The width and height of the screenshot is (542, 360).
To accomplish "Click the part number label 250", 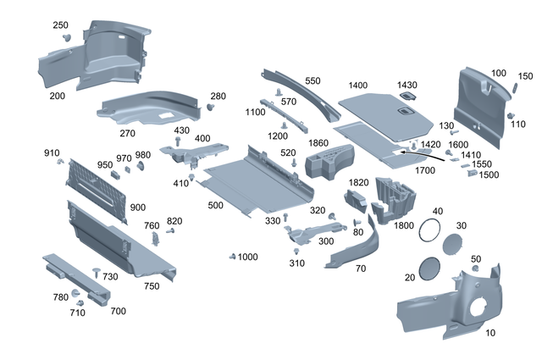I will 60,25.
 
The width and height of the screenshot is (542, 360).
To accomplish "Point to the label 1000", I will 247,257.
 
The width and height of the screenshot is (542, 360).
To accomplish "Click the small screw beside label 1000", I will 232,256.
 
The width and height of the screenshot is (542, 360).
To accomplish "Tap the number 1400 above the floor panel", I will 358,86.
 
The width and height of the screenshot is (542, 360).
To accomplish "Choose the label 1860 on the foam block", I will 318,144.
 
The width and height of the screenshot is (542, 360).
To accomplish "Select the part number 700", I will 118,311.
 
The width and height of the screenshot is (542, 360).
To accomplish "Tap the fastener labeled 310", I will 297,252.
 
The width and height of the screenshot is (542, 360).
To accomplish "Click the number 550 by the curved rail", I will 313,81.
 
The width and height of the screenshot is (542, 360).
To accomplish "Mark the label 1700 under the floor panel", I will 425,170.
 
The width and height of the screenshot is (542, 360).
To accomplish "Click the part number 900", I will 138,208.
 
